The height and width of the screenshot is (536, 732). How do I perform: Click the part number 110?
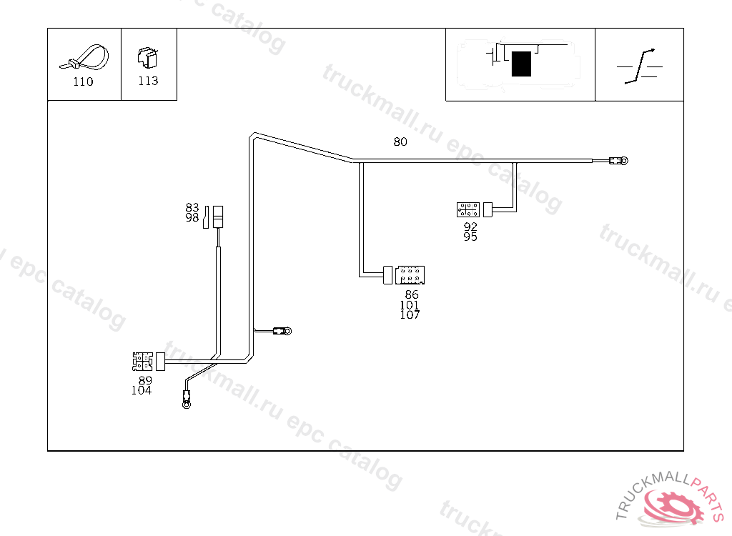pyautogui.click(x=83, y=81)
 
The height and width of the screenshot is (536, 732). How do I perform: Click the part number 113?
pyautogui.click(x=148, y=81)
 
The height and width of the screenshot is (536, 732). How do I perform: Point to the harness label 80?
pyautogui.click(x=400, y=142)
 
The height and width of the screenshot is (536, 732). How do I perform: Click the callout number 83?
pyautogui.click(x=192, y=207)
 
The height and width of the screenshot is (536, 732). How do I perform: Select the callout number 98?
pyautogui.click(x=192, y=218)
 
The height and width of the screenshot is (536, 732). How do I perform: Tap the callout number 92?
pyautogui.click(x=470, y=227)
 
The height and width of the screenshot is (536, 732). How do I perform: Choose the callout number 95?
pyautogui.click(x=470, y=237)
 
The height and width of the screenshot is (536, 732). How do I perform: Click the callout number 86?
pyautogui.click(x=412, y=294)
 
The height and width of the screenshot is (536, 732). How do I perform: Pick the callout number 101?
pyautogui.click(x=410, y=305)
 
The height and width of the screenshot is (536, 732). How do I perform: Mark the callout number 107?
pyautogui.click(x=410, y=315)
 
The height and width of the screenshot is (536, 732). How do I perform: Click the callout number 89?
pyautogui.click(x=145, y=380)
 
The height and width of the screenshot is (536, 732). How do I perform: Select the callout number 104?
pyautogui.click(x=142, y=390)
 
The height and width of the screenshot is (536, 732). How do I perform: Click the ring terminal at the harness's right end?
pyautogui.click(x=624, y=161)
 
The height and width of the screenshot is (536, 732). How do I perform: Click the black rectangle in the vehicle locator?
pyautogui.click(x=521, y=64)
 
